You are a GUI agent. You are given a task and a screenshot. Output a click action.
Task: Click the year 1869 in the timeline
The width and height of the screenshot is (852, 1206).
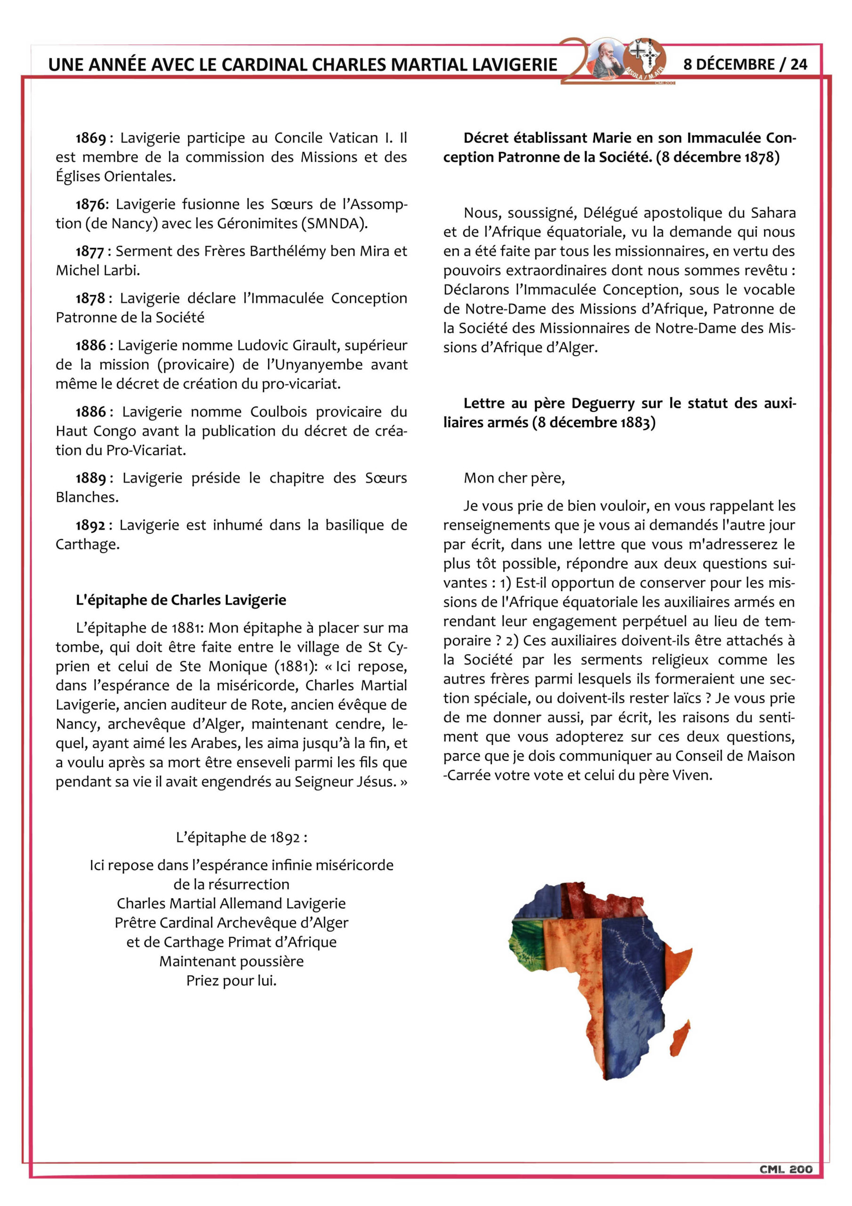[91, 138]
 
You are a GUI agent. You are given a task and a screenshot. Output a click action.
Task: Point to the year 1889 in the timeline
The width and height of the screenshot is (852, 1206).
[91, 479]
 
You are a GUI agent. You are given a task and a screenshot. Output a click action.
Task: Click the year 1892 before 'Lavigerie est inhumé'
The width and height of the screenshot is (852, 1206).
[91, 525]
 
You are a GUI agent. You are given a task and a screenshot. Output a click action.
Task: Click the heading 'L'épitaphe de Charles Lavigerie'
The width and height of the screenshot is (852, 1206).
[181, 600]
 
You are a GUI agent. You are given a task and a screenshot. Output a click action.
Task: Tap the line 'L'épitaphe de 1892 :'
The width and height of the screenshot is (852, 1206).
[241, 837]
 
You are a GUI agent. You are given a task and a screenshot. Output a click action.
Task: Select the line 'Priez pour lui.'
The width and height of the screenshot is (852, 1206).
[231, 981]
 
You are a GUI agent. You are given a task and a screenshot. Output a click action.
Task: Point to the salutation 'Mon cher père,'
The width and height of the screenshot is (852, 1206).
[514, 478]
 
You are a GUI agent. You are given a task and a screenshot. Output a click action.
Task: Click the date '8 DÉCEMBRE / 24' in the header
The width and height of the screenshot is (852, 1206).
[745, 64]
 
